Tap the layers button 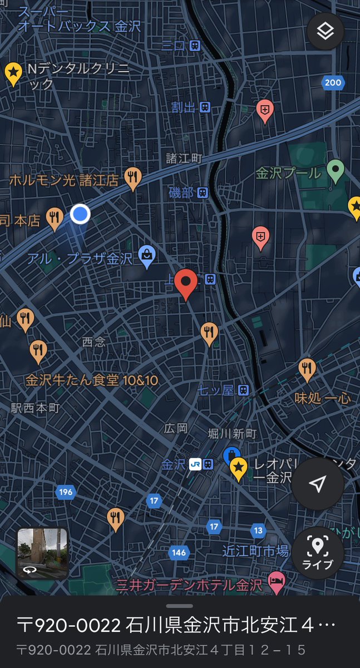(325, 31)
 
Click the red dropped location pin (185, 283)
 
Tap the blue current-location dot (80, 213)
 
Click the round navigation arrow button (317, 484)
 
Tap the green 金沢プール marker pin (335, 170)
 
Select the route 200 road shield (332, 83)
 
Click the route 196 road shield (65, 492)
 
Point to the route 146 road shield (179, 552)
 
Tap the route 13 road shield (258, 530)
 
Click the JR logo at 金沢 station (194, 464)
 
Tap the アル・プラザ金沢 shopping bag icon (147, 256)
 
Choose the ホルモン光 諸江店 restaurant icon (132, 178)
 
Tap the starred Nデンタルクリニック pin (13, 72)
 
